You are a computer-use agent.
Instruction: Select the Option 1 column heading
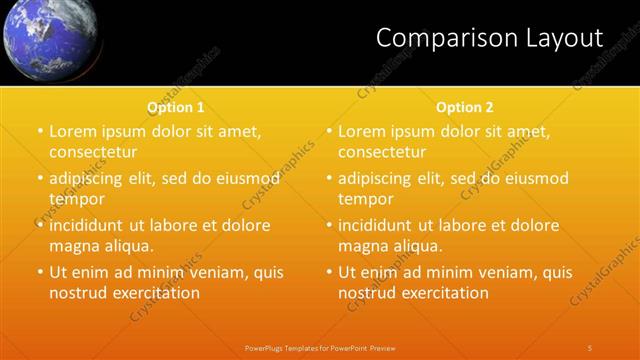click(x=176, y=107)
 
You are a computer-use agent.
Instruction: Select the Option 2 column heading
click(x=465, y=107)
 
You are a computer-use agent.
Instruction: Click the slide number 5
click(x=590, y=347)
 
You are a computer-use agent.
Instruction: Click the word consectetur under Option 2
click(x=382, y=152)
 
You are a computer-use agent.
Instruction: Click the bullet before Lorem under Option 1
click(x=40, y=131)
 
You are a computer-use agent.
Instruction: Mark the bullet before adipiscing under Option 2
click(x=329, y=178)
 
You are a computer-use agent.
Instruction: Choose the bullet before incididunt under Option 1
click(x=40, y=225)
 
